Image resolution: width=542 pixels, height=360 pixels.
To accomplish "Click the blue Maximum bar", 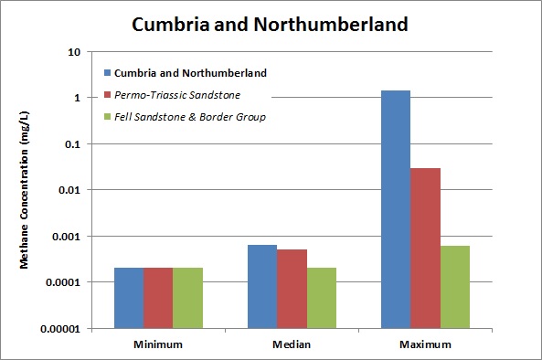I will coord(396,209).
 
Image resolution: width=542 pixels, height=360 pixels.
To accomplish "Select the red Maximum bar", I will coord(425,248).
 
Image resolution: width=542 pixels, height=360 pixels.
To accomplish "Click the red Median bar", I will coord(292,289).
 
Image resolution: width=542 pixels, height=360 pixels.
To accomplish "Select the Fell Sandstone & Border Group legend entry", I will coord(189,117).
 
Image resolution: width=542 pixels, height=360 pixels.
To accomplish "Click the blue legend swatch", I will coord(107,71).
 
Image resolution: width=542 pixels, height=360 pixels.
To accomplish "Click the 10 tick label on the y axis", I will coord(74,52).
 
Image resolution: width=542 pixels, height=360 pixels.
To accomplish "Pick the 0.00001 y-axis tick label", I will coord(59,328).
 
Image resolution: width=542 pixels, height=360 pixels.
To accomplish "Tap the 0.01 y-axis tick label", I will coord(67,190).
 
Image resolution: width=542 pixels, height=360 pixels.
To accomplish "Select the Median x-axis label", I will coord(292,344).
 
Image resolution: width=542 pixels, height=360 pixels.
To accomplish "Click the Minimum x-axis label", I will coord(158,344).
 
